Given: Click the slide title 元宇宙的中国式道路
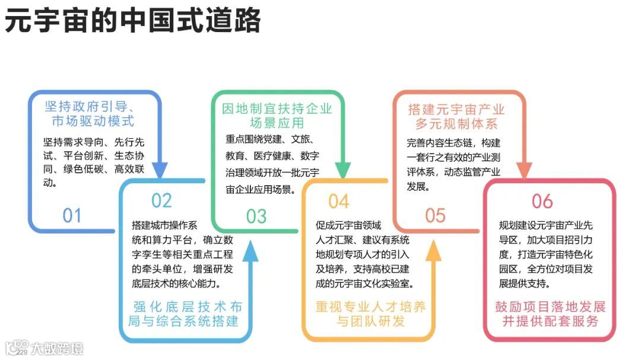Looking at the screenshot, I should pyautogui.click(x=133, y=21).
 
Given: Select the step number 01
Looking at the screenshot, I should pyautogui.click(x=72, y=215).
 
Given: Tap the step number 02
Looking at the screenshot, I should pyautogui.click(x=161, y=200).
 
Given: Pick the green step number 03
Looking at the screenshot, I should pyautogui.click(x=256, y=216).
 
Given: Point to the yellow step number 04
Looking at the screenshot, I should pyautogui.click(x=339, y=201).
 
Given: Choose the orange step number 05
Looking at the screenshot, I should pyautogui.click(x=435, y=215).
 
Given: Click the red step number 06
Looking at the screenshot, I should pyautogui.click(x=542, y=201).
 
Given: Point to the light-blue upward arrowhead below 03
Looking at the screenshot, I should pyautogui.click(x=251, y=251).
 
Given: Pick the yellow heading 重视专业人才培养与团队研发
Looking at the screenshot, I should pyautogui.click(x=370, y=314).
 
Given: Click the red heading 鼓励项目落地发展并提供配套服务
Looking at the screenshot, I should pyautogui.click(x=550, y=314).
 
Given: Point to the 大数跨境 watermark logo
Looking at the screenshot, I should pyautogui.click(x=44, y=347).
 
